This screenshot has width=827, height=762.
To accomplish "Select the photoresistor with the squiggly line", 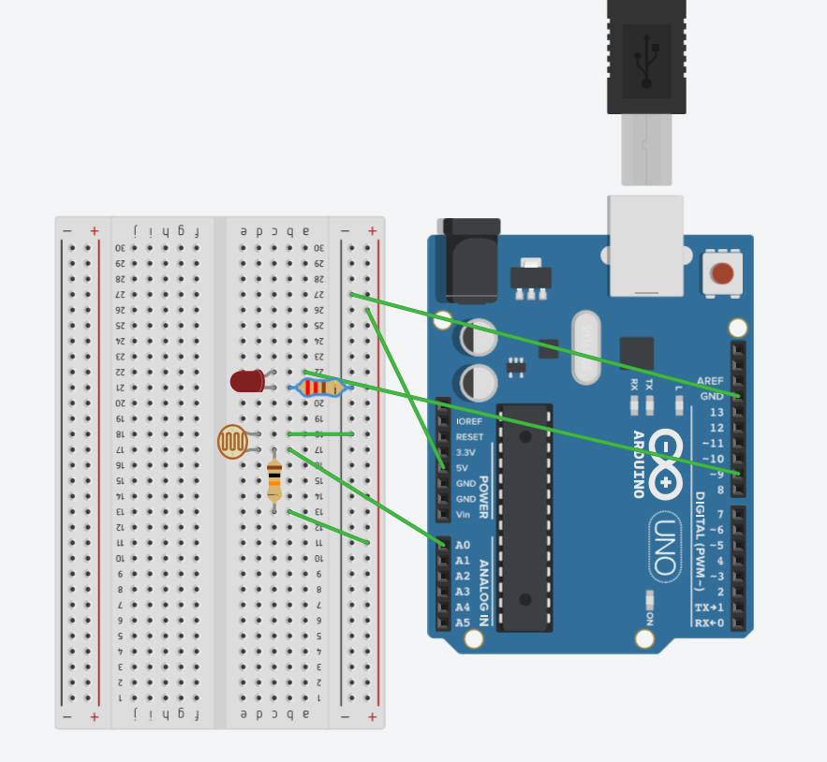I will tap(233, 442).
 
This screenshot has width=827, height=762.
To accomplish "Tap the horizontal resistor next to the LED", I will tap(319, 387).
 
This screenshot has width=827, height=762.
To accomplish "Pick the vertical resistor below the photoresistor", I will tap(274, 480).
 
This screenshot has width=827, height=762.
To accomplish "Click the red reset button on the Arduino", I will tap(722, 273).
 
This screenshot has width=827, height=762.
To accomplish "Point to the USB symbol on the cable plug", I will tap(646, 58).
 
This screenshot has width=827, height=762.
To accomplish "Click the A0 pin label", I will tap(463, 545).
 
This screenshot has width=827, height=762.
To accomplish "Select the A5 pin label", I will tap(463, 623).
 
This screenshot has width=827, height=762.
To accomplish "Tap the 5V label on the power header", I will tap(462, 467).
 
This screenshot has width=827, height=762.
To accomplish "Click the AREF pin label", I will tap(711, 381).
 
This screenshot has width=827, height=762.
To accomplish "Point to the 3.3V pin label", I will tap(465, 452).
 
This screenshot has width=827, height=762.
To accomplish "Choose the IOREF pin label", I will tap(468, 421).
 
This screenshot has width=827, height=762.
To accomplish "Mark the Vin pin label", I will tap(464, 514).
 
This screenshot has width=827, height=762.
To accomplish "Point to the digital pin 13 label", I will tap(716, 412).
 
